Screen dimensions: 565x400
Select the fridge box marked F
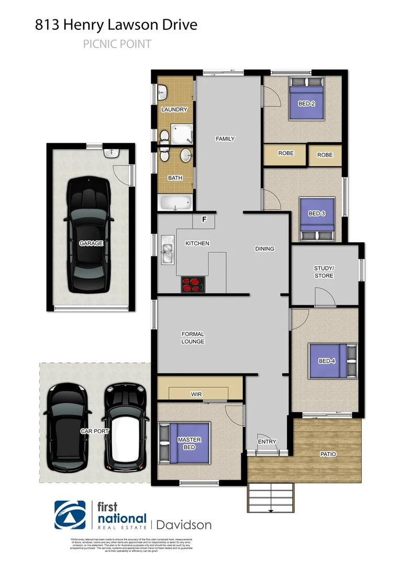[205, 221]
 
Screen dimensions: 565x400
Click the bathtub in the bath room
[175, 203]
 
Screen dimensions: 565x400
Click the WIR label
[197, 394]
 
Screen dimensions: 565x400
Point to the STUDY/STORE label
[324, 272]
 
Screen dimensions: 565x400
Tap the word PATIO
[329, 454]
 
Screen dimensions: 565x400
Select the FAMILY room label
[225, 139]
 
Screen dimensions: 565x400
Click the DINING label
[264, 248]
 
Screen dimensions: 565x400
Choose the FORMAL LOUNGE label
[193, 337]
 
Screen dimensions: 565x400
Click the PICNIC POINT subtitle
[117, 44]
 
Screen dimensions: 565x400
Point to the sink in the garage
[112, 153]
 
